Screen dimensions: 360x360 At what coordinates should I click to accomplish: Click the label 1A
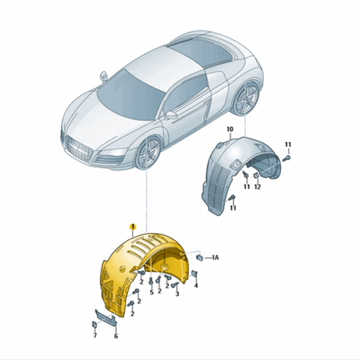(215, 258)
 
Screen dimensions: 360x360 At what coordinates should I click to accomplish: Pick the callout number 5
(151, 292)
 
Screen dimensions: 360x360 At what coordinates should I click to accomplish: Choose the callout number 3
(176, 292)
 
